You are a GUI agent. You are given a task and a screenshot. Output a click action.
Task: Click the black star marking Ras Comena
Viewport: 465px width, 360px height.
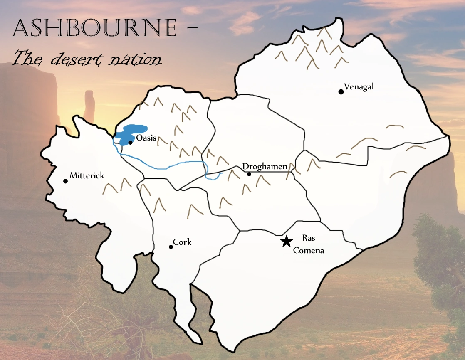tap(286, 242)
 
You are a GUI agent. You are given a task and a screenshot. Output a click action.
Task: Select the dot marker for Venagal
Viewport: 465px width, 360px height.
tap(341, 92)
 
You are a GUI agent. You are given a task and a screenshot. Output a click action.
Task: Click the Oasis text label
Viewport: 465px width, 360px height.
tap(146, 138)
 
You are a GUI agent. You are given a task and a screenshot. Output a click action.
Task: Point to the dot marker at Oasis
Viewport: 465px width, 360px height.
tap(130, 143)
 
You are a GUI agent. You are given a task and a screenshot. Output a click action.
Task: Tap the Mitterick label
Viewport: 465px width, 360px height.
tap(87, 176)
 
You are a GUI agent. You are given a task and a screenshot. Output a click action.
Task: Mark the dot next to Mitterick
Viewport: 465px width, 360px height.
tap(65, 181)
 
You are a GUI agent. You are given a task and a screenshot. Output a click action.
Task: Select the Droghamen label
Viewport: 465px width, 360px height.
tap(265, 167)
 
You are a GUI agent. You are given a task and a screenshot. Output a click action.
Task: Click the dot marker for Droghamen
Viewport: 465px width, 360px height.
tap(249, 174)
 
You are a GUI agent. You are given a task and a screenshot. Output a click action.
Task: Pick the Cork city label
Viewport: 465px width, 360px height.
tap(182, 242)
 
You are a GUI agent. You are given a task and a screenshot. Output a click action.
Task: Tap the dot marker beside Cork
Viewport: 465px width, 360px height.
tap(171, 247)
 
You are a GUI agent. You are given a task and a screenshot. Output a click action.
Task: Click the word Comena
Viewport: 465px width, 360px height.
tap(308, 250)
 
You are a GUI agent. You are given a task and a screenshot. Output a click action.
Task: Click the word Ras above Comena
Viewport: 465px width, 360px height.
tap(308, 238)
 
